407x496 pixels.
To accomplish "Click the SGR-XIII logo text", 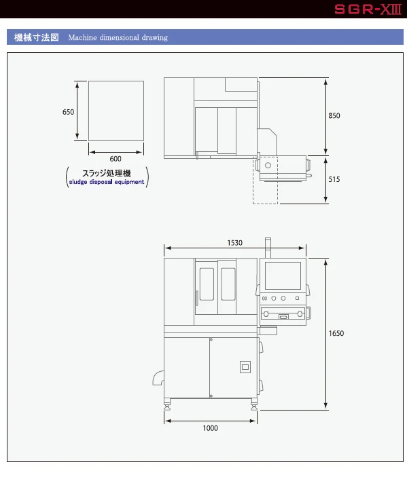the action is click(x=368, y=9).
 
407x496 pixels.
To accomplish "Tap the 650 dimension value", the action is click(x=68, y=112).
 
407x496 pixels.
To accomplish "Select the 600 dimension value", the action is click(x=116, y=159).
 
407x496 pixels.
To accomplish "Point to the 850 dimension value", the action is click(x=334, y=115).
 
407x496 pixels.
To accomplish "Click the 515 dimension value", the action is click(x=334, y=179).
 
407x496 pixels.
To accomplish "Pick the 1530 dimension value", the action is click(x=234, y=243).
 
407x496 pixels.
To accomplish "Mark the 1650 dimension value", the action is click(x=336, y=333).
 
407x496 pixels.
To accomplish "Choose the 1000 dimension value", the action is click(x=211, y=428).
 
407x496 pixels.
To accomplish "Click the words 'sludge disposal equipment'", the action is click(x=107, y=182).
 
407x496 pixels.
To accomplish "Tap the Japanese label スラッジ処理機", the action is click(x=107, y=173).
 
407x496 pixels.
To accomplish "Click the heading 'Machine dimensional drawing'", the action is click(x=118, y=37).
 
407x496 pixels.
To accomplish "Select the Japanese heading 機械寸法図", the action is click(x=37, y=37).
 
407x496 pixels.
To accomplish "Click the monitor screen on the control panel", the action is click(x=283, y=275).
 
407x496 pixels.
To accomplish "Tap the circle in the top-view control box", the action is click(x=268, y=165).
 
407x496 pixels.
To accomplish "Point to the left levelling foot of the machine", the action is click(x=167, y=404).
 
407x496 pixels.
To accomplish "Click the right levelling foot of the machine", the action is click(x=254, y=404).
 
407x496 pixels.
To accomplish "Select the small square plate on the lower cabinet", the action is click(x=245, y=367).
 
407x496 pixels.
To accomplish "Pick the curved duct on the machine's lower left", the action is click(x=158, y=378).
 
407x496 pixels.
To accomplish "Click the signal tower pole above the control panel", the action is click(x=268, y=248).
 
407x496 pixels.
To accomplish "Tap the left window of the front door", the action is click(x=207, y=284).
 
